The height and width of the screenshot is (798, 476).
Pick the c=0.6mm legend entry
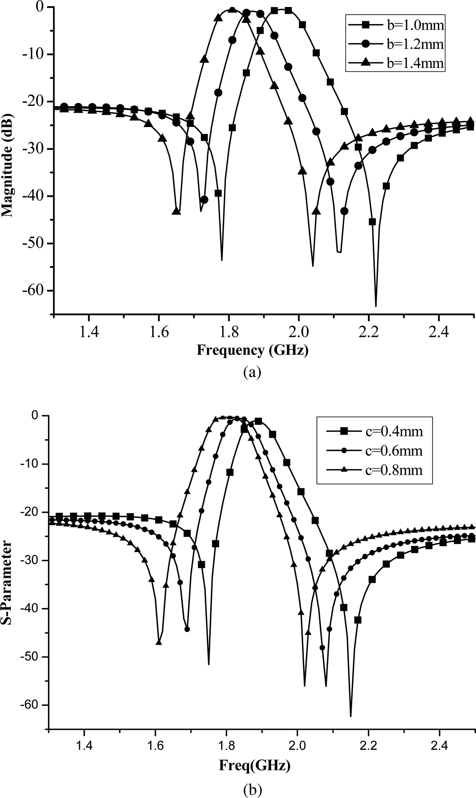374,451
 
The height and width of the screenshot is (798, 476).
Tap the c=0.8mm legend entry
374,470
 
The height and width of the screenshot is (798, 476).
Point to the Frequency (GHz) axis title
252,350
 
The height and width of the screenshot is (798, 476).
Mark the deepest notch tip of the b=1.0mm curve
376,306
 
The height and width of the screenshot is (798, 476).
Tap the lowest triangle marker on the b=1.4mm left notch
176,211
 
